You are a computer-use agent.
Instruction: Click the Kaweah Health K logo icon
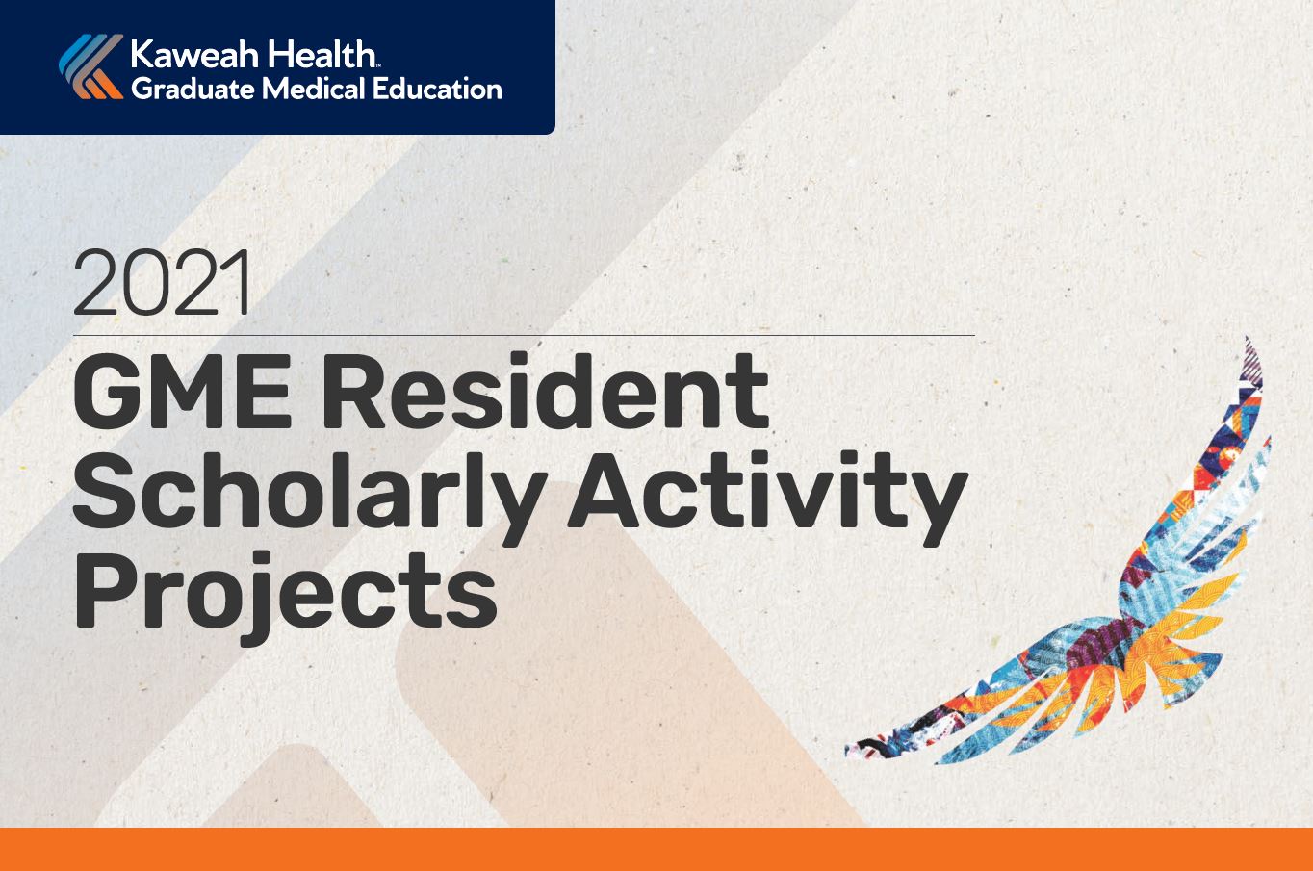(x=91, y=66)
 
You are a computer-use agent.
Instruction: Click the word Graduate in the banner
(x=193, y=90)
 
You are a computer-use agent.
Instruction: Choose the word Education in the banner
(x=437, y=89)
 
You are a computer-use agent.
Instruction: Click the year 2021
(x=163, y=283)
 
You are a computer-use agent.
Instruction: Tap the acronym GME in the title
(x=182, y=391)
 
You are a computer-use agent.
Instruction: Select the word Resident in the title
(x=545, y=390)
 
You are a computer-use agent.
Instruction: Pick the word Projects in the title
(x=286, y=599)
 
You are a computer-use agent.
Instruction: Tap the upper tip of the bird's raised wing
(x=1247, y=338)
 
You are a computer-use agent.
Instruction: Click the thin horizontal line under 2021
(x=524, y=336)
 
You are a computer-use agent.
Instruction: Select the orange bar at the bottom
(x=656, y=849)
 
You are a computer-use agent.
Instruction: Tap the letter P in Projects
(x=106, y=590)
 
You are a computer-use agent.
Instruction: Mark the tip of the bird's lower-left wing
(x=847, y=751)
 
